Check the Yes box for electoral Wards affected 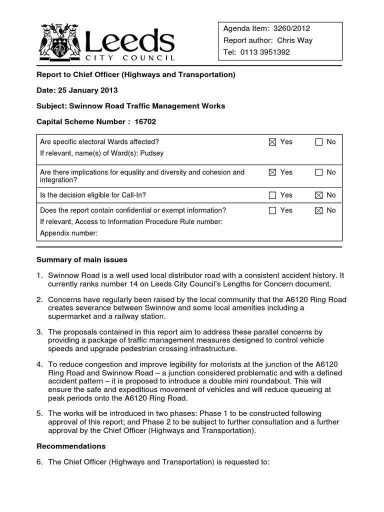pos(272,142)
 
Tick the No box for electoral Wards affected pos(319,142)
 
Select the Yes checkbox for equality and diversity pos(272,172)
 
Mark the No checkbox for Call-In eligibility pos(319,195)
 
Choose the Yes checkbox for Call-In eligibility pos(272,195)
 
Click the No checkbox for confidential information pos(319,210)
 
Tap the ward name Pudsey pos(152,153)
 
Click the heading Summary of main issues pos(82,259)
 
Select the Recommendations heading pos(70,445)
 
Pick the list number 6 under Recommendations pos(39,462)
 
